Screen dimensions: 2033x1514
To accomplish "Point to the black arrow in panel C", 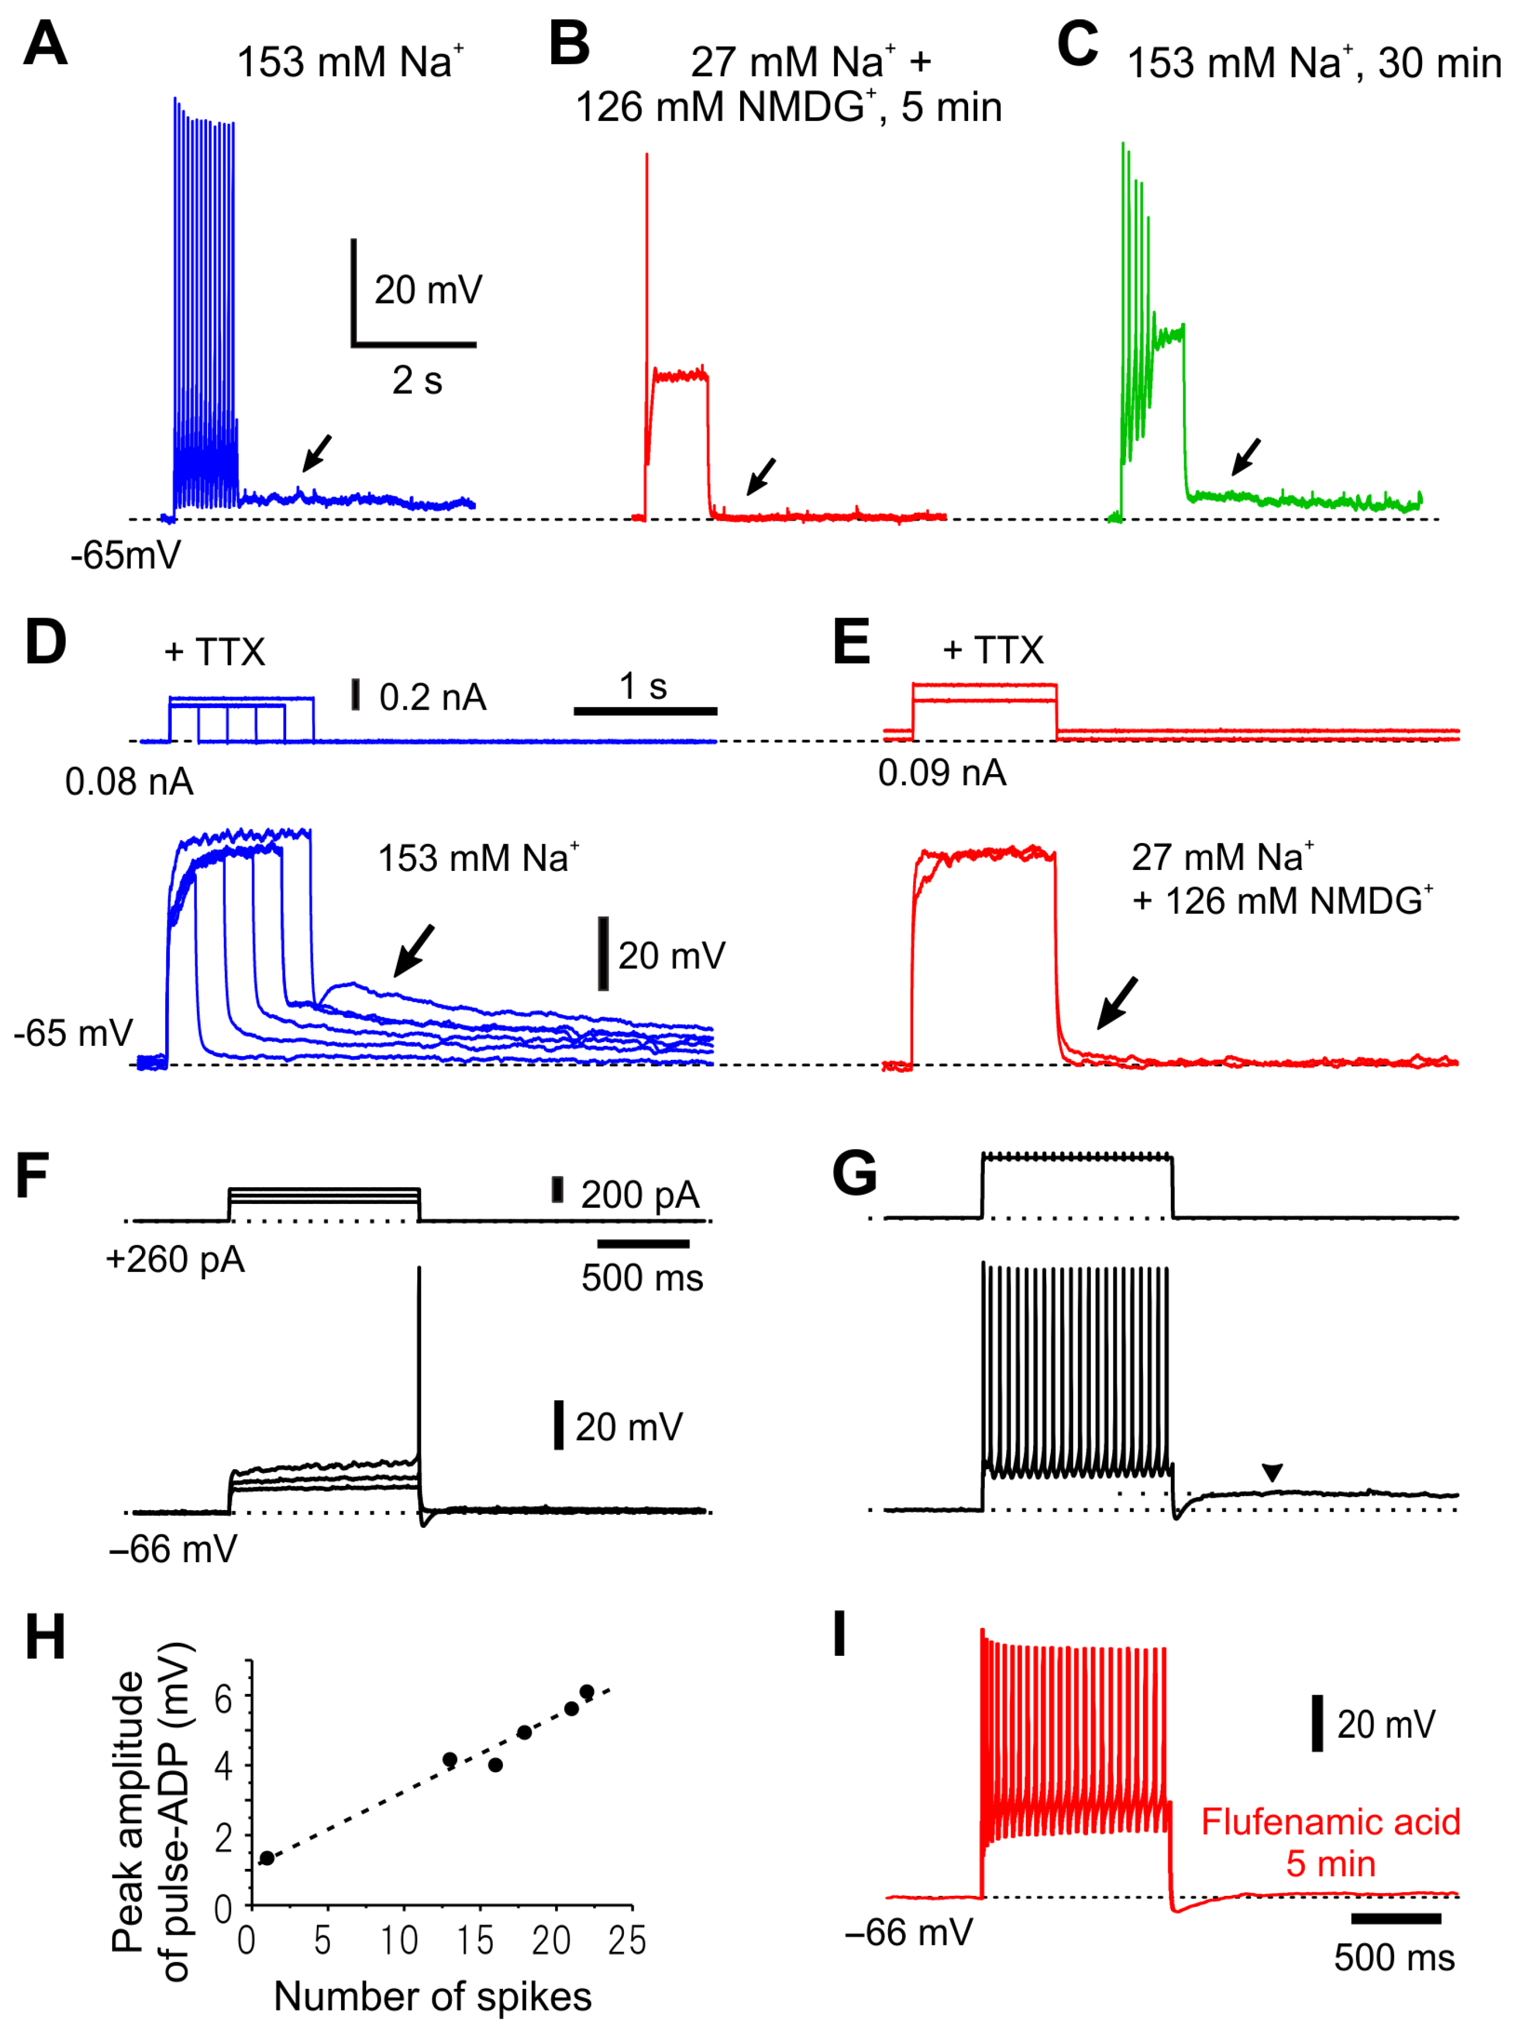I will click(x=1246, y=456).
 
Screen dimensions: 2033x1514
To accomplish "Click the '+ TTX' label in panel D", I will click(x=215, y=653).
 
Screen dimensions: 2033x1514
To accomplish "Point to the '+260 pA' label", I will click(x=175, y=1259).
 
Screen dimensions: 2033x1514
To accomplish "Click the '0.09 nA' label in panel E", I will click(x=942, y=773).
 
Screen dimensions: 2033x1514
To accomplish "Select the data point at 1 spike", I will click(x=267, y=1858).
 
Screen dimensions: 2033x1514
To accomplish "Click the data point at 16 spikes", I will click(x=496, y=1765).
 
